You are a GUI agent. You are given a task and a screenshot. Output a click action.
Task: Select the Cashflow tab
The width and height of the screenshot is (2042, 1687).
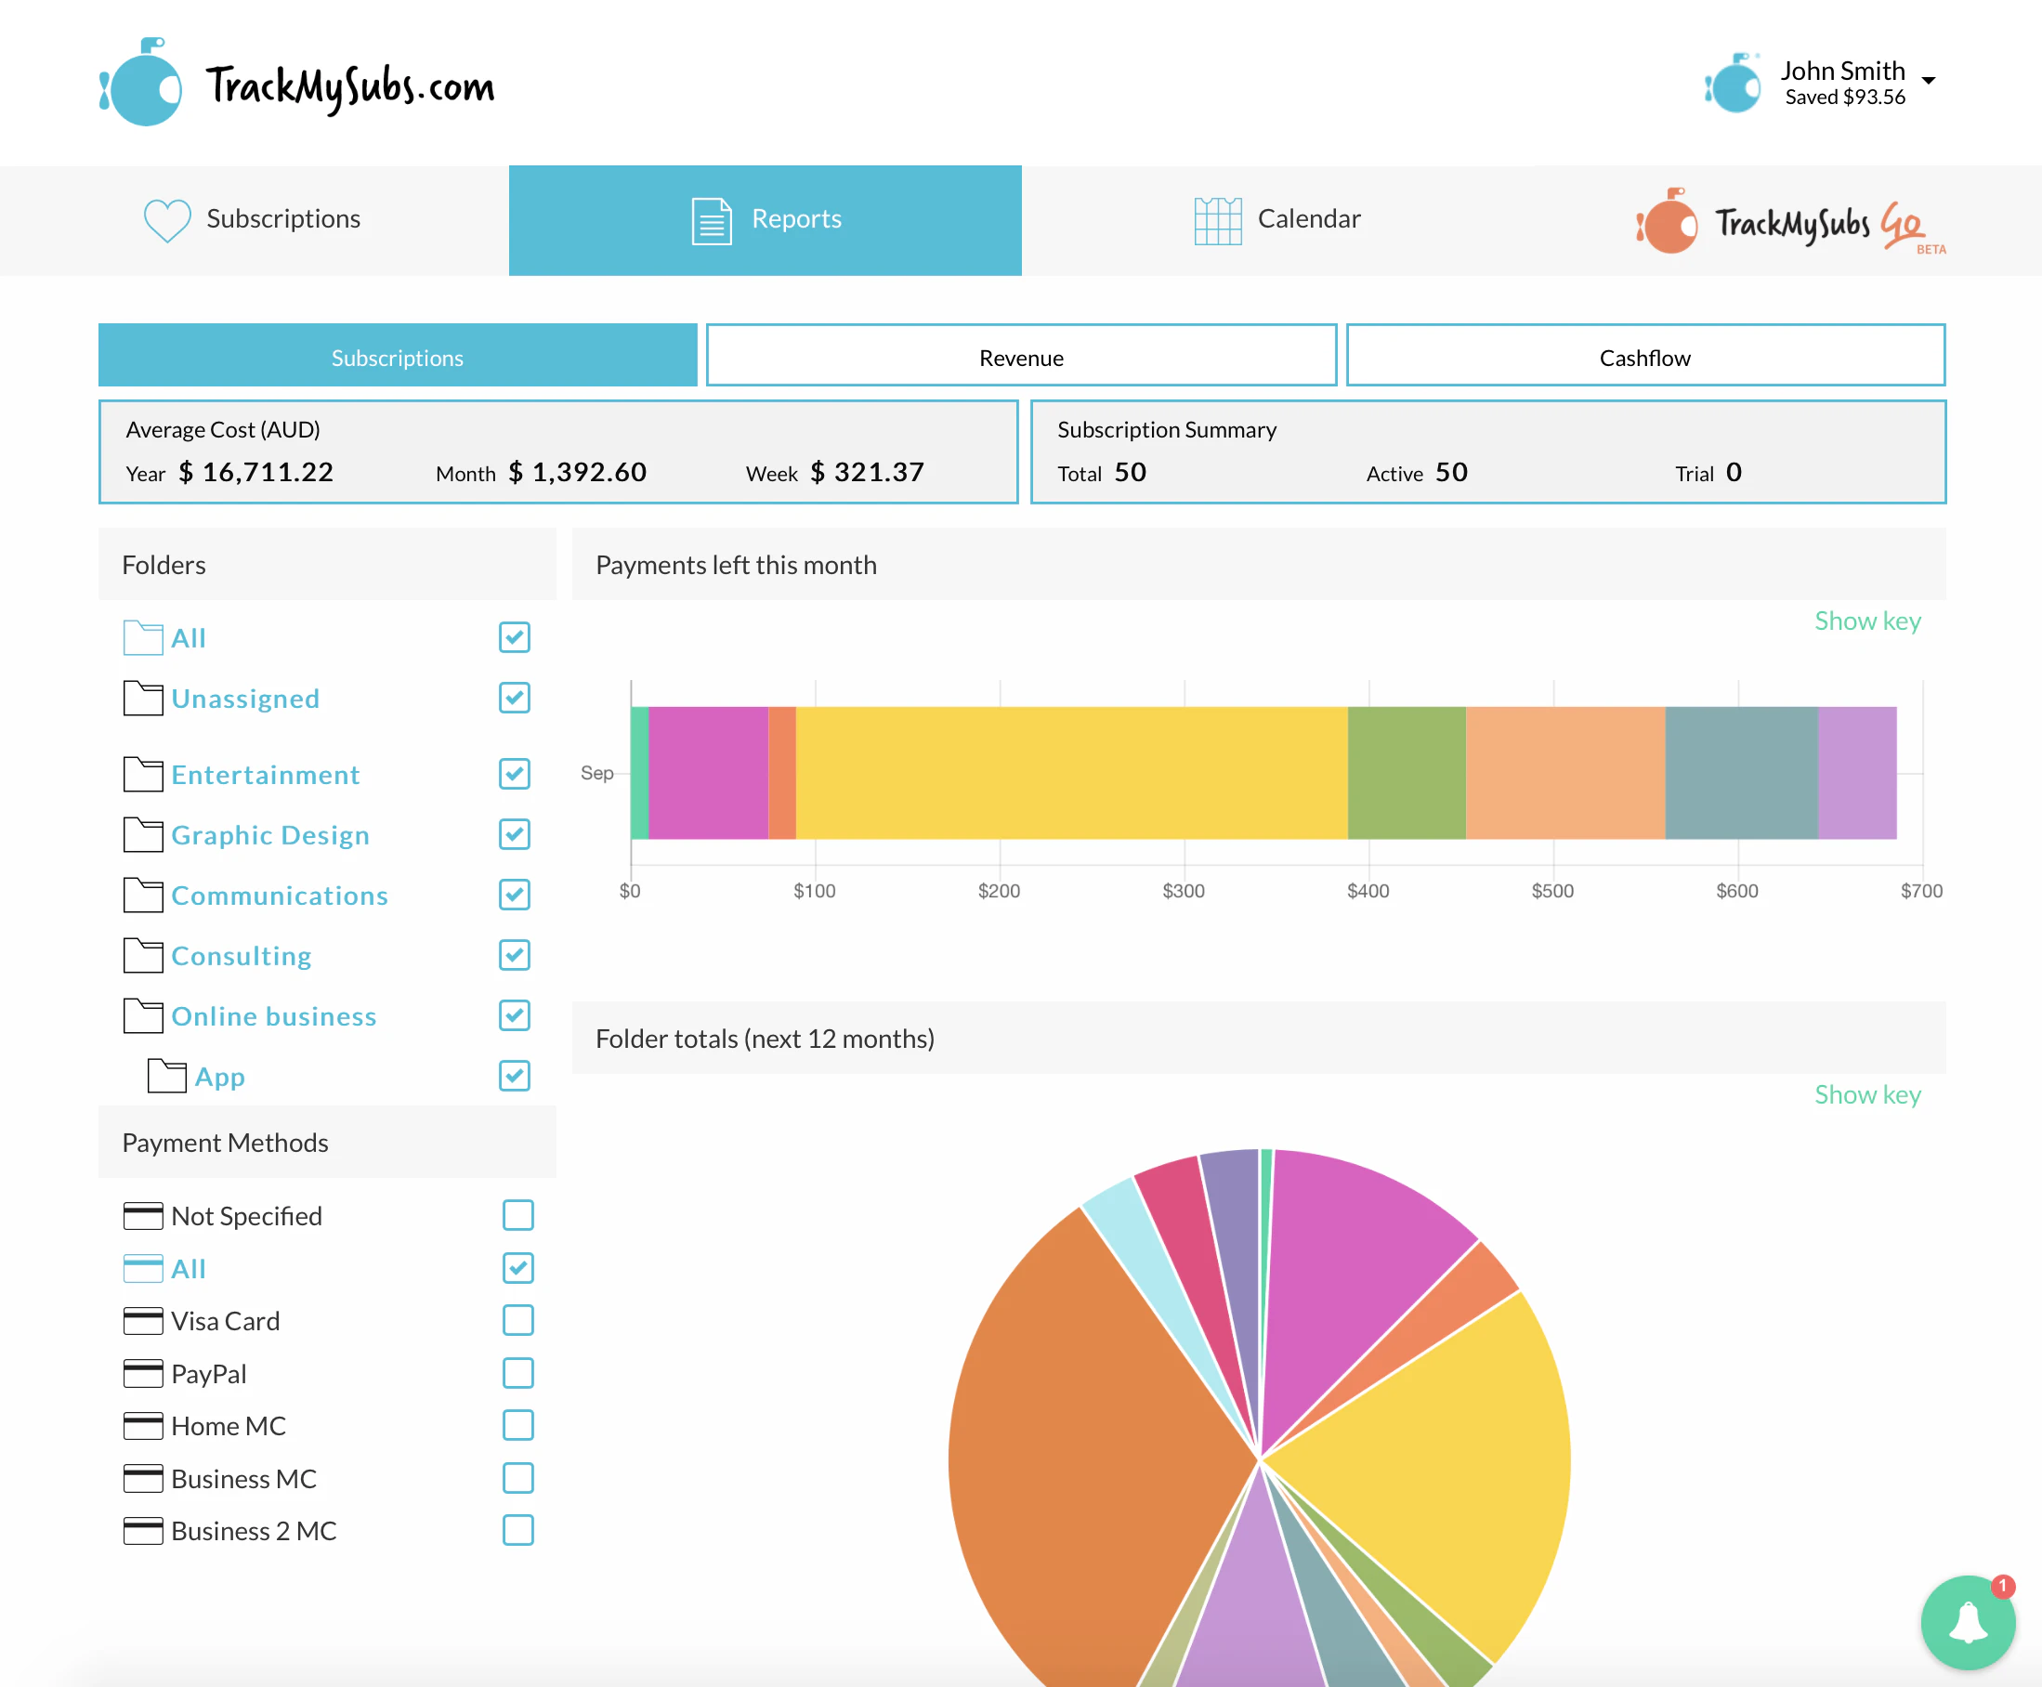pyautogui.click(x=1644, y=357)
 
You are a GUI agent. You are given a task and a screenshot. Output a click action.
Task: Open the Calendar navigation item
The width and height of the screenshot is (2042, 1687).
pyautogui.click(x=1277, y=219)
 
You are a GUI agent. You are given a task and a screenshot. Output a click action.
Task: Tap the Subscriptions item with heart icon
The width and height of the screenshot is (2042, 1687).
pyautogui.click(x=253, y=219)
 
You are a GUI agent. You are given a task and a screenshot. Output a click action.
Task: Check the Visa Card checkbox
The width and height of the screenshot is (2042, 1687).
pyautogui.click(x=517, y=1320)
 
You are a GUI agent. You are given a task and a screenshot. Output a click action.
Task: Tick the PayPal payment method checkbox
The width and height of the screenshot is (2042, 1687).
pyautogui.click(x=517, y=1372)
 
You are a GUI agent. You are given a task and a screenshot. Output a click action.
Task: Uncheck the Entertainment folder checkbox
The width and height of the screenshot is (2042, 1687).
pyautogui.click(x=514, y=774)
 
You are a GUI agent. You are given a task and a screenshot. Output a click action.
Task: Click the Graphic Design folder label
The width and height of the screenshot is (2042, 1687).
pyautogui.click(x=270, y=835)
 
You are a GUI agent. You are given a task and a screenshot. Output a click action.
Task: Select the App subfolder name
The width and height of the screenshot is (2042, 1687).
pyautogui.click(x=219, y=1076)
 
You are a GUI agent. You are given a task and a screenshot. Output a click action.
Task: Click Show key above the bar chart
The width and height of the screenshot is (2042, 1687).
pyautogui.click(x=1867, y=621)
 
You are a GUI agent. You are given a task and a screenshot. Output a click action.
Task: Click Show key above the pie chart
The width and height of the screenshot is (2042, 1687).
pyautogui.click(x=1867, y=1094)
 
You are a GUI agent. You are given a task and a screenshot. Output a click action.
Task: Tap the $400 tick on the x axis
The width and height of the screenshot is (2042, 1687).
pyautogui.click(x=1368, y=890)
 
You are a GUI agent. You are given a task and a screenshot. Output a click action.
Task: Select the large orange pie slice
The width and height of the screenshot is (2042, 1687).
pyautogui.click(x=1079, y=1458)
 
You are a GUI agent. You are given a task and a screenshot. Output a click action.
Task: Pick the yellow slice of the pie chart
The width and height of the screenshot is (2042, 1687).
pyautogui.click(x=1438, y=1458)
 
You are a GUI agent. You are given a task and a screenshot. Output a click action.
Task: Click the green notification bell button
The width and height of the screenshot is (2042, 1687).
pyautogui.click(x=1967, y=1622)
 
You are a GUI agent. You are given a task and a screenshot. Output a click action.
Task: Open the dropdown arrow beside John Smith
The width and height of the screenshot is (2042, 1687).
pyautogui.click(x=1929, y=81)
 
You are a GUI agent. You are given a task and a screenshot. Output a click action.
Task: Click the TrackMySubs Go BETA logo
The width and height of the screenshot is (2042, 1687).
pyautogui.click(x=1790, y=222)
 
